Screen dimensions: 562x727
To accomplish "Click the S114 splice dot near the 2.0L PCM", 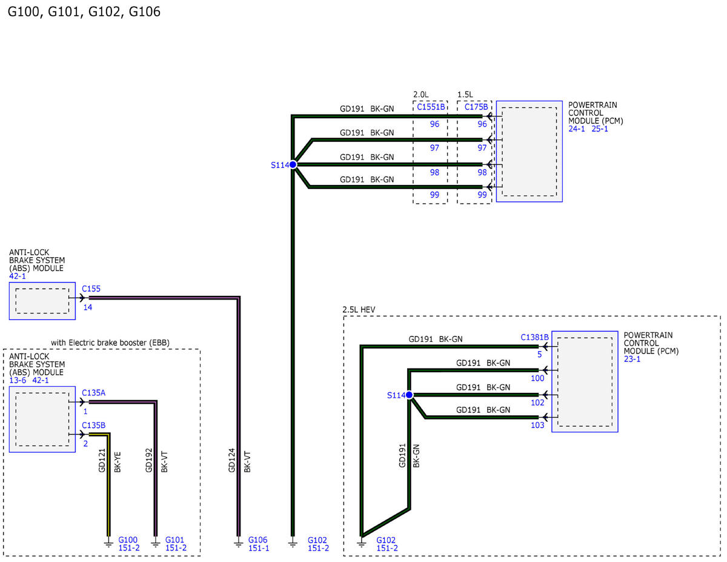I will coord(293,164).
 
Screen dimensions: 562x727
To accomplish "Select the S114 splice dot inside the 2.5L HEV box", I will coord(409,395).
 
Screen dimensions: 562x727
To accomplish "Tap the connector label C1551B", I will coord(430,107).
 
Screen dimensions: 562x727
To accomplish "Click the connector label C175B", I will coord(476,107).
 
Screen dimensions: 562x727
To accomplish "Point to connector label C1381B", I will coord(534,337).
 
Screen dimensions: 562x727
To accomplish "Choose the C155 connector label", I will coord(91,289).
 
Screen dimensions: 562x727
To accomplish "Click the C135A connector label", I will coord(93,393).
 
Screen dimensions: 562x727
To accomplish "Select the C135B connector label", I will coord(93,426).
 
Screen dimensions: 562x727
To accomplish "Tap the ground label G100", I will coord(128,540).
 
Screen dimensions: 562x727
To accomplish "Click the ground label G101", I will coord(175,540).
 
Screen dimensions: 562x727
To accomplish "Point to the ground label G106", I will coord(257,540).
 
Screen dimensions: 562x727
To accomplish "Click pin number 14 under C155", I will coord(88,308).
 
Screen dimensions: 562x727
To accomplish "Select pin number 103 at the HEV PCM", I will coord(538,426).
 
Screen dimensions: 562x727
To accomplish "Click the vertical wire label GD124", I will coord(231,460).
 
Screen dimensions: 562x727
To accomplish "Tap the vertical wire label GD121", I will coord(102,460).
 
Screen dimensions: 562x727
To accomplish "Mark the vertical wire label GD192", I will coord(149,460).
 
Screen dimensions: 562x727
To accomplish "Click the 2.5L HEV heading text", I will coord(359,309).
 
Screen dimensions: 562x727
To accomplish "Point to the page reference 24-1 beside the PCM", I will coord(576,129).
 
